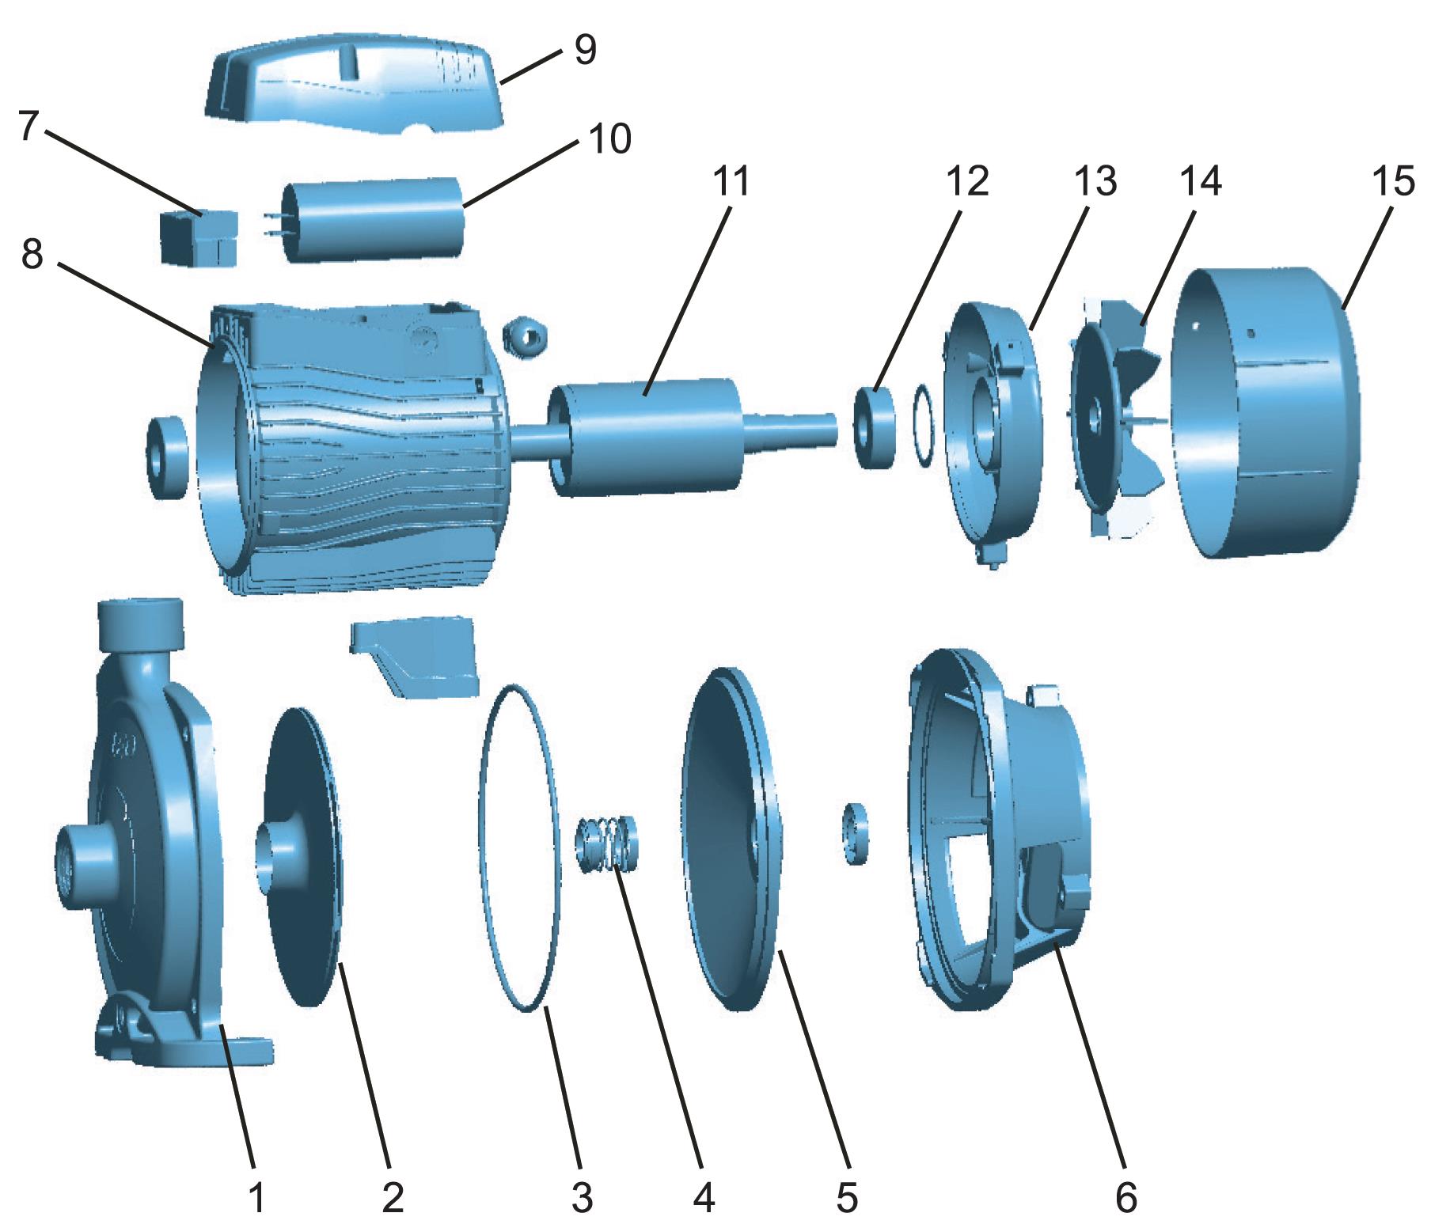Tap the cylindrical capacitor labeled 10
coord(372,219)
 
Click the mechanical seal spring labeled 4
coord(608,843)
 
